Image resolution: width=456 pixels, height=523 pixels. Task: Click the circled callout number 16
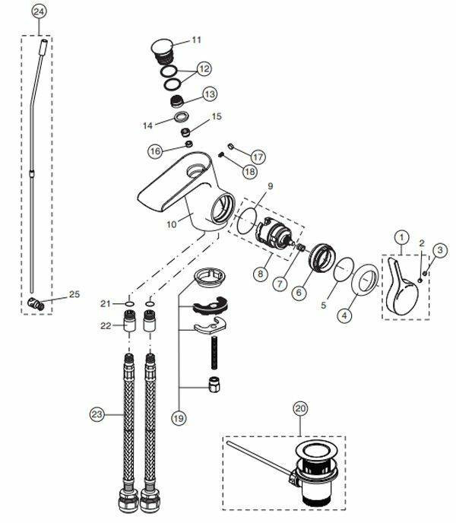[155, 151]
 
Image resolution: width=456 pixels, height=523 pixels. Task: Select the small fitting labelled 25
[33, 305]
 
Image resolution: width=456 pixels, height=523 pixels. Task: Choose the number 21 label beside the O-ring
[106, 304]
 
